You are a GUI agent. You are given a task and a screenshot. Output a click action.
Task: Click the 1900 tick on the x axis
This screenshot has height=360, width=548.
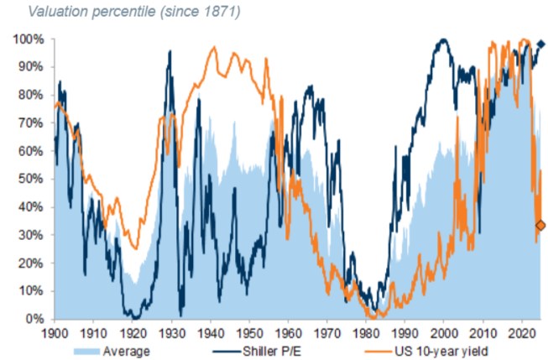coord(55,331)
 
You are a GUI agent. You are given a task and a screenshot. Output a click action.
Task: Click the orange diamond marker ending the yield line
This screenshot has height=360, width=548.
coord(540,225)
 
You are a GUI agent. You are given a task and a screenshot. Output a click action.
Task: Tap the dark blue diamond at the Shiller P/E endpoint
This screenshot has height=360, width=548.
coord(541,44)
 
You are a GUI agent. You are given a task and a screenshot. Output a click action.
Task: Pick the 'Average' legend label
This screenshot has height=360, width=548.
coord(127,350)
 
